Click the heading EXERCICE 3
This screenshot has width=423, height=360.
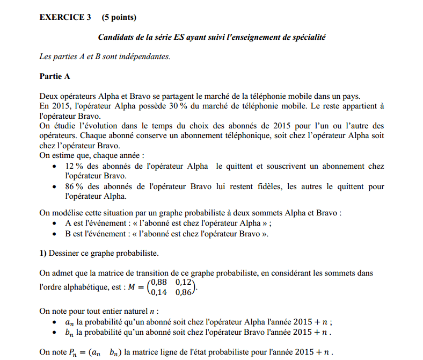click(x=65, y=17)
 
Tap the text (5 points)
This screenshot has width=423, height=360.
click(x=119, y=17)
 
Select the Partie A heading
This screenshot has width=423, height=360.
click(x=55, y=76)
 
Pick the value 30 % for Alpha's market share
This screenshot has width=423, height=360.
click(x=178, y=106)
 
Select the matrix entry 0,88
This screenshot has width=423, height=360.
click(x=159, y=283)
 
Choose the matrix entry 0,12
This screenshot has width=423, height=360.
click(x=184, y=283)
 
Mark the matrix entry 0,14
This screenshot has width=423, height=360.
click(x=159, y=292)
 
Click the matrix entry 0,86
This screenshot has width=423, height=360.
click(x=184, y=292)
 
